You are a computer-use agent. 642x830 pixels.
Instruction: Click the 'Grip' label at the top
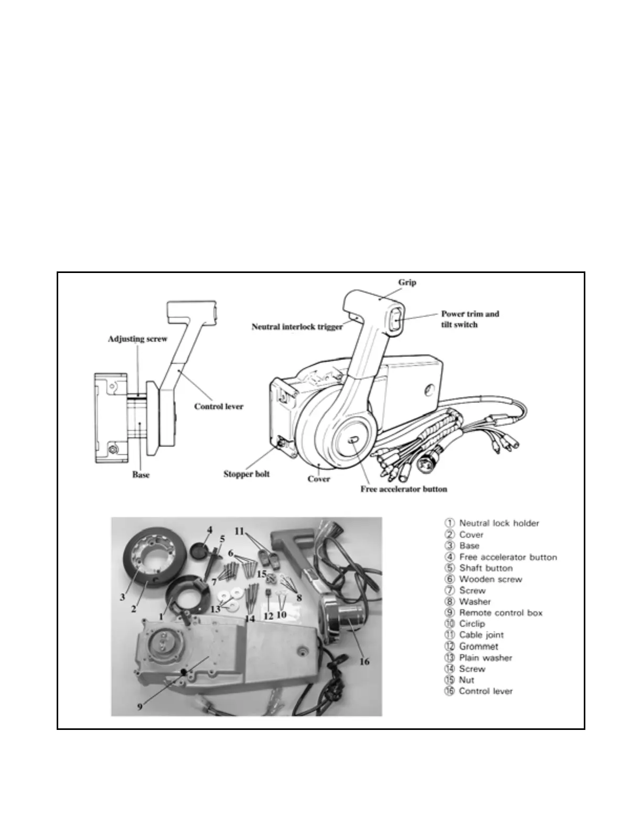tap(407, 282)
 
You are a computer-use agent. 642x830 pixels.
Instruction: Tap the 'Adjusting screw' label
tap(137, 339)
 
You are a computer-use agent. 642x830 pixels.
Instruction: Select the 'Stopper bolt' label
tap(247, 474)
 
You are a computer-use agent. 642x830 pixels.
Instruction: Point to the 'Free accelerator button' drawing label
tap(404, 489)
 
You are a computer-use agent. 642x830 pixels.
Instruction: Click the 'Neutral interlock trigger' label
tap(297, 327)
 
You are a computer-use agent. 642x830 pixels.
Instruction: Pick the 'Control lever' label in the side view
tap(219, 406)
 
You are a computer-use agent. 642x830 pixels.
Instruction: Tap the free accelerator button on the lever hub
tap(354, 439)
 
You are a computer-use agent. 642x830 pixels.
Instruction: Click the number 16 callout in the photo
tap(364, 661)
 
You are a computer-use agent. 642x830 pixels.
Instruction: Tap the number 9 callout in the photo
tap(140, 707)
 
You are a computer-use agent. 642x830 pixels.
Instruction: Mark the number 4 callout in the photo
tap(209, 530)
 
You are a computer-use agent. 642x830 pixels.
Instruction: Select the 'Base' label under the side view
tap(141, 475)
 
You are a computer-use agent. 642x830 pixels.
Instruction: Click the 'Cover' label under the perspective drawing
tap(318, 478)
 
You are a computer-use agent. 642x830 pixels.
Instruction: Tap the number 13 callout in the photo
tap(216, 609)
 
